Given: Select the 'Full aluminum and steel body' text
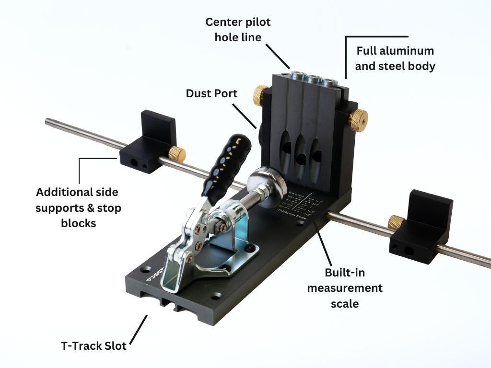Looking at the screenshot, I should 395,58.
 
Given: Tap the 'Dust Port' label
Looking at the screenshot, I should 211,93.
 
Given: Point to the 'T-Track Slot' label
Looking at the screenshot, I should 94,345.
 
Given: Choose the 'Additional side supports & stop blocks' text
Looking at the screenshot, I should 77,207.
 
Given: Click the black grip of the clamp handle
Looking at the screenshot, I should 225,158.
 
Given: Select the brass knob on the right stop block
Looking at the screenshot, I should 396,222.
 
